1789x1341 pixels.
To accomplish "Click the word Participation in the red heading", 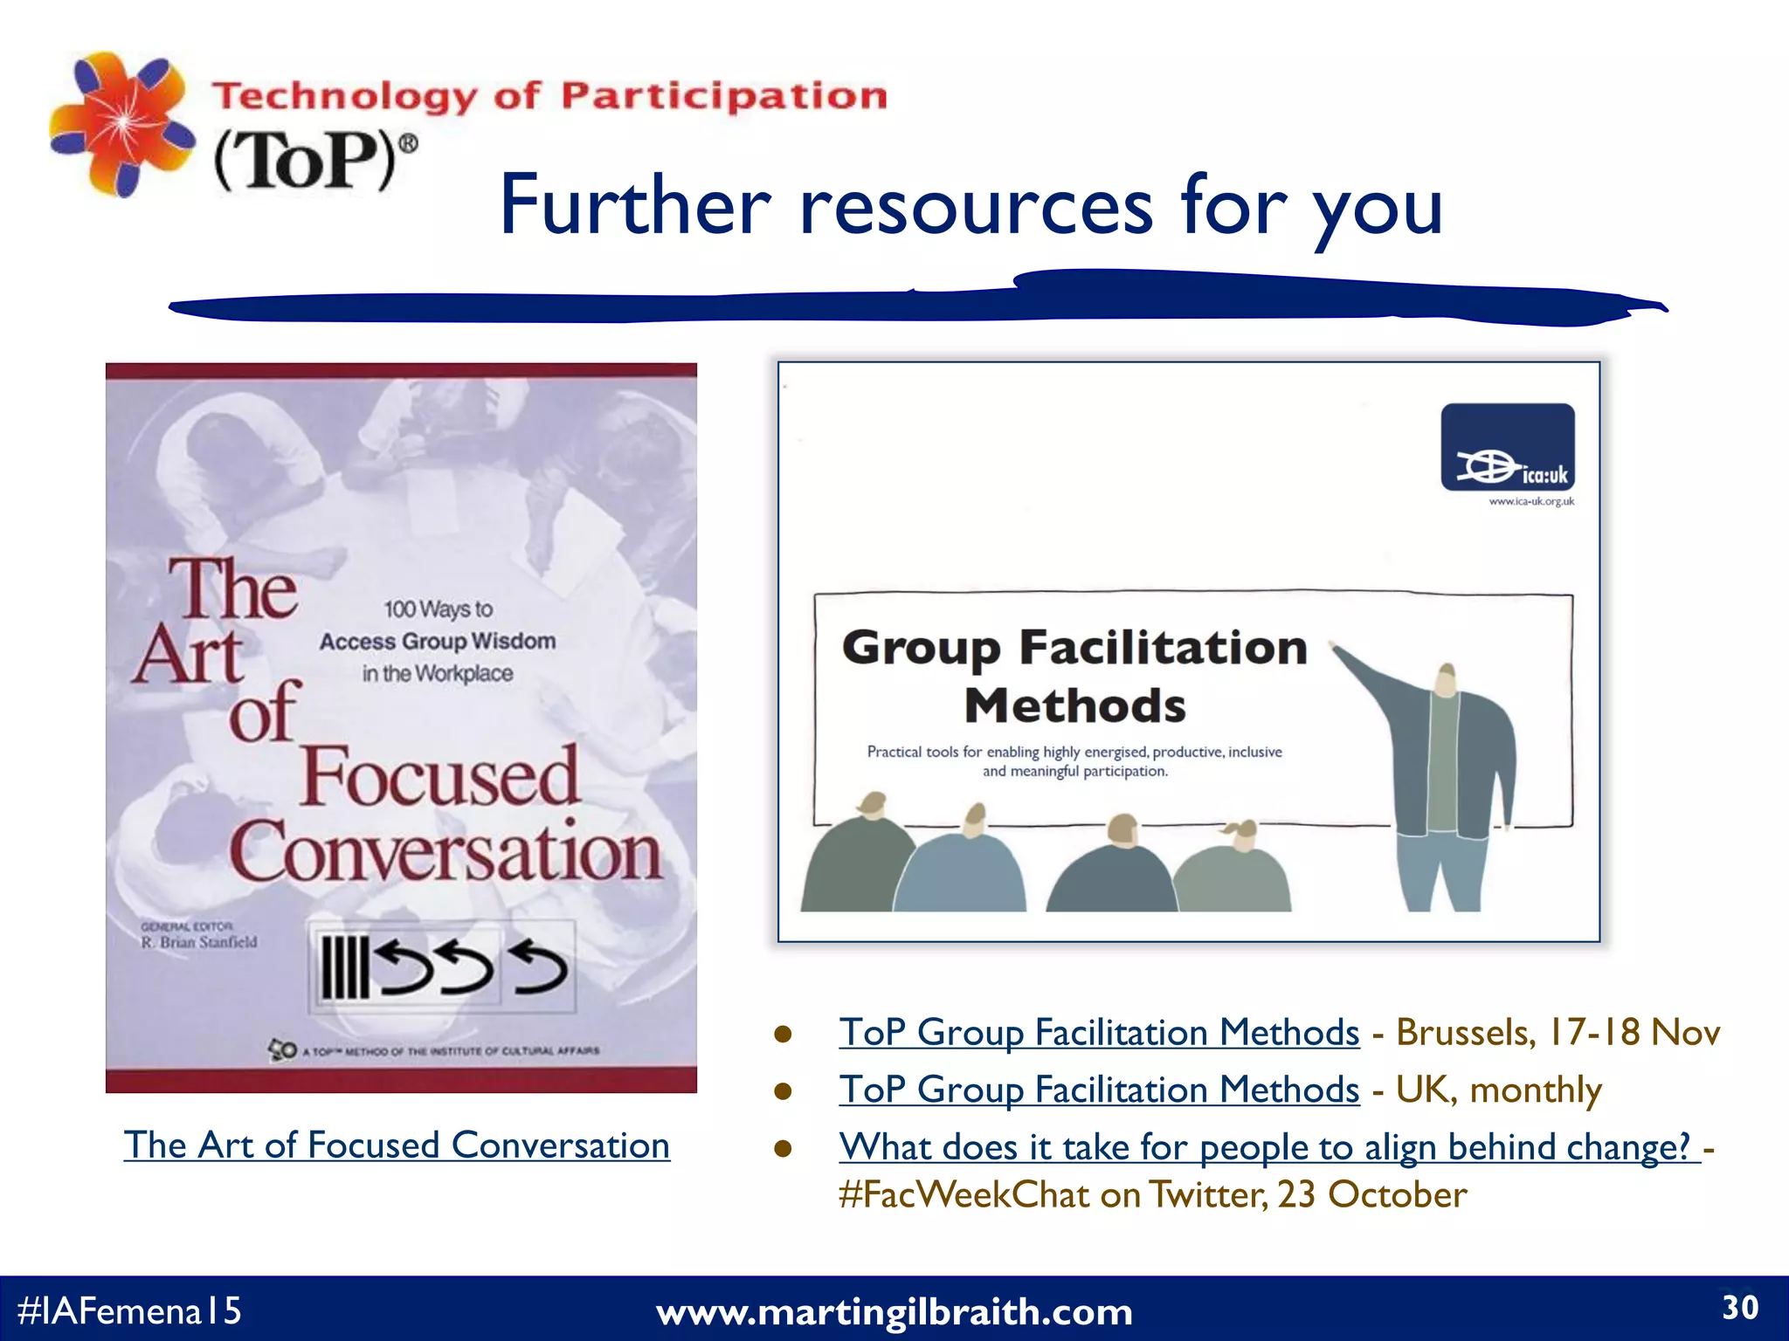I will [723, 95].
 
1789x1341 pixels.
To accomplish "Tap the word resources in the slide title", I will [976, 207].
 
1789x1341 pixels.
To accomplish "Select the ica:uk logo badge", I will [1508, 447].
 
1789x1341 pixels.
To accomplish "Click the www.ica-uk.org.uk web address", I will [1531, 502].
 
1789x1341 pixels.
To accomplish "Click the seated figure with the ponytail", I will [1233, 869].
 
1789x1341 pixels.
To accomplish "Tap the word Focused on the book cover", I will [439, 777].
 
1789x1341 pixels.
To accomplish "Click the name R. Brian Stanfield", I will [199, 943].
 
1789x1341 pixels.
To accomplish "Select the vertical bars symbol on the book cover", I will [343, 967].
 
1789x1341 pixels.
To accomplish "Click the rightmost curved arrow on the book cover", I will [540, 967].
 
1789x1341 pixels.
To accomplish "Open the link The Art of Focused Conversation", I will [397, 1145].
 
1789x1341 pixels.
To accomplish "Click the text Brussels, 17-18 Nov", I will [1558, 1033].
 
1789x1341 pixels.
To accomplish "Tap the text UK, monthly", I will [1498, 1090].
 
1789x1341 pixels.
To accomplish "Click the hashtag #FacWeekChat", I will [964, 1195].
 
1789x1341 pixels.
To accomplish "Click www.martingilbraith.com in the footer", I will [894, 1312].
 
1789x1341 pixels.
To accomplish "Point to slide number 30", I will [1739, 1308].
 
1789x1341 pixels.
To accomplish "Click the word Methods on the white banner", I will [1074, 705].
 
